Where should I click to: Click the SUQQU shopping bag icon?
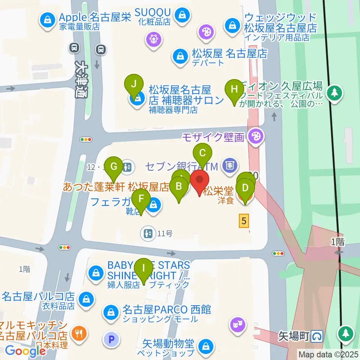click(x=183, y=15)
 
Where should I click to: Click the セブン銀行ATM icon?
click(x=229, y=165)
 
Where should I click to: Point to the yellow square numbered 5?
click(x=244, y=221)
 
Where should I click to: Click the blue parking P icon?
click(x=111, y=340)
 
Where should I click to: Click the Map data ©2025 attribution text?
click(x=328, y=354)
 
